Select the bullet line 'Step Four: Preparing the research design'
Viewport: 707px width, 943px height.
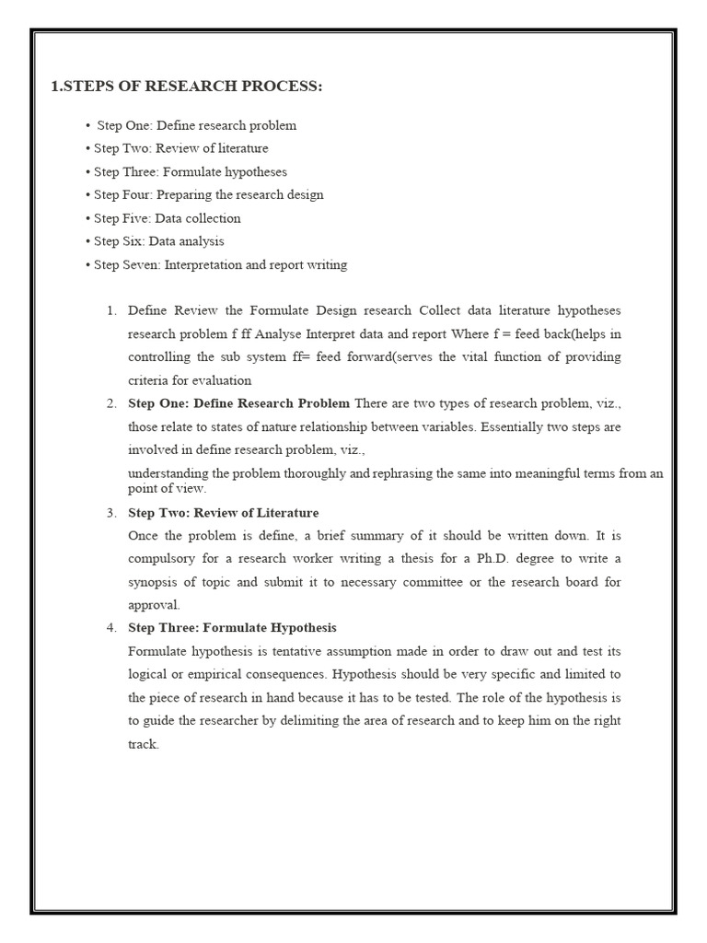(x=209, y=195)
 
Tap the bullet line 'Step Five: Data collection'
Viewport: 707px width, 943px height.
(x=168, y=218)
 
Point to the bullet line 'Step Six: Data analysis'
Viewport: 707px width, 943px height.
(x=159, y=241)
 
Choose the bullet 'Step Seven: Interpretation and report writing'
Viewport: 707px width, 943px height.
(x=221, y=265)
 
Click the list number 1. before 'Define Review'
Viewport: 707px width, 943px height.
(x=111, y=310)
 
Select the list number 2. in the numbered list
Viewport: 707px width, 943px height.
(x=111, y=403)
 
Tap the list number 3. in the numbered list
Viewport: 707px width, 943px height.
(x=111, y=513)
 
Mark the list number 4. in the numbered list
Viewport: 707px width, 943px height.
(x=111, y=628)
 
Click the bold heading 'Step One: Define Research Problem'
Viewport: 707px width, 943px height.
(x=238, y=403)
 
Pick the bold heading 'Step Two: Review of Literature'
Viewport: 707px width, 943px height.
(x=223, y=513)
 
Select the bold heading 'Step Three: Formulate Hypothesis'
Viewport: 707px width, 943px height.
(x=232, y=628)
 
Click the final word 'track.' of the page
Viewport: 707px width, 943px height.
(x=144, y=744)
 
